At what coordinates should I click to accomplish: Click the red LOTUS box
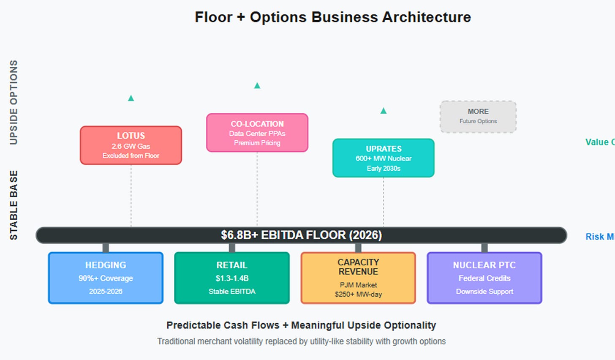131,145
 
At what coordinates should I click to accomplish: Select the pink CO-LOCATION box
257,133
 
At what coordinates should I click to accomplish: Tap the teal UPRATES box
383,158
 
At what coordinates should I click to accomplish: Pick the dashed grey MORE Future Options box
478,117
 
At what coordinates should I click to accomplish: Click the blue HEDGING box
106,278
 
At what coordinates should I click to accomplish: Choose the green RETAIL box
232,278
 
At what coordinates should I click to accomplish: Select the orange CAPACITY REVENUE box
358,278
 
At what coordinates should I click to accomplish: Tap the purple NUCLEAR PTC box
484,278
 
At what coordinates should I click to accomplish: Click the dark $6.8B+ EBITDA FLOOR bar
301,235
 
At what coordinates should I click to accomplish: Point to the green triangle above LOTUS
131,98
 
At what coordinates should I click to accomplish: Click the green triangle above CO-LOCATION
257,86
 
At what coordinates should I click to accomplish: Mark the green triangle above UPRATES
383,111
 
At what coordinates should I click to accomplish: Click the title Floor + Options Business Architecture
332,17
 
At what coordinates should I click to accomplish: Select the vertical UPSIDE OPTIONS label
14,102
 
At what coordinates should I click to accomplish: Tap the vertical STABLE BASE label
14,205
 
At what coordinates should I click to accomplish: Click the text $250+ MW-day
358,294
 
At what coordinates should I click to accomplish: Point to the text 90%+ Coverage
106,278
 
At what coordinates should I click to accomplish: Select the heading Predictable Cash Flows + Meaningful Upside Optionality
301,325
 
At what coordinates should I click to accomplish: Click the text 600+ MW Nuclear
383,158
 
